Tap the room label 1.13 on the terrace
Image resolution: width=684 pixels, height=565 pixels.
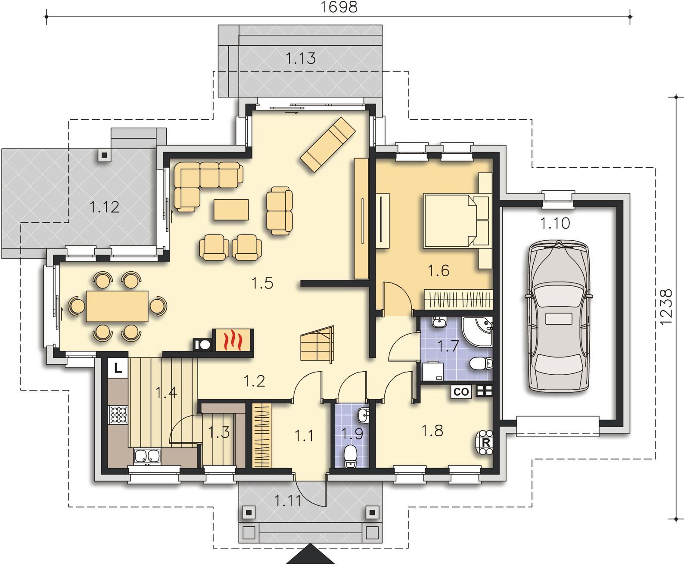(301, 58)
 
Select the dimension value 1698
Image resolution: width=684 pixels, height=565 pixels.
(339, 7)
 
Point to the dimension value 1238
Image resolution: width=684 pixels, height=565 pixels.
(666, 307)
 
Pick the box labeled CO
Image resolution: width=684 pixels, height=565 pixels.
(461, 392)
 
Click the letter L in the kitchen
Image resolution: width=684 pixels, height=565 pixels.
(118, 369)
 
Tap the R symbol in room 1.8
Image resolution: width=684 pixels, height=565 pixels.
(485, 443)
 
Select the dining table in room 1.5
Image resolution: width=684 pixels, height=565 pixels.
(117, 307)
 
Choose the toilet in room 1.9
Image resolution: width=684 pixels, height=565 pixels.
(351, 456)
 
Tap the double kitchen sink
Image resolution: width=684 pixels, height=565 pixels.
(147, 457)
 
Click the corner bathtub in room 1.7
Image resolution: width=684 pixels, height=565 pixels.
(477, 331)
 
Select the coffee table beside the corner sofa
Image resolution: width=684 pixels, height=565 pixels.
(231, 210)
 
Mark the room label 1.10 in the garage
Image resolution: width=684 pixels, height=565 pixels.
(555, 224)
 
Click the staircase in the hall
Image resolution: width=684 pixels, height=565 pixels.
(317, 344)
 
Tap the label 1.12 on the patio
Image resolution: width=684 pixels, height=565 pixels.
(104, 207)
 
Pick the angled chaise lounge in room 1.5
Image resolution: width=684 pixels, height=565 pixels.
(328, 144)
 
